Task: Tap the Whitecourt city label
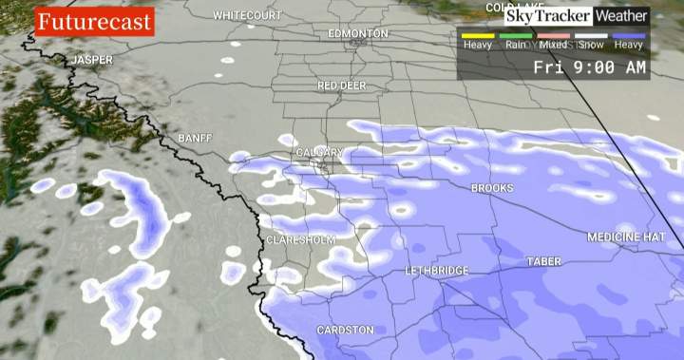click(x=247, y=16)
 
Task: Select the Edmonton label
click(x=358, y=33)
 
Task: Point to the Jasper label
click(x=92, y=60)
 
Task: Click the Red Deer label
click(x=342, y=85)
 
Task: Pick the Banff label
click(x=195, y=139)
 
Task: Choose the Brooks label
click(x=492, y=188)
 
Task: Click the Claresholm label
click(x=300, y=240)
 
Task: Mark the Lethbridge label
click(x=437, y=271)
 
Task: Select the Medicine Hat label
click(x=627, y=237)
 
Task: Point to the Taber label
click(x=545, y=260)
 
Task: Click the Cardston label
click(x=345, y=330)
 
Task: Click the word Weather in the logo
click(x=621, y=16)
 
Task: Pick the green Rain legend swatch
click(x=516, y=35)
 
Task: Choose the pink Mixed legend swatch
click(x=553, y=35)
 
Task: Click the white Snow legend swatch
click(x=591, y=35)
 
